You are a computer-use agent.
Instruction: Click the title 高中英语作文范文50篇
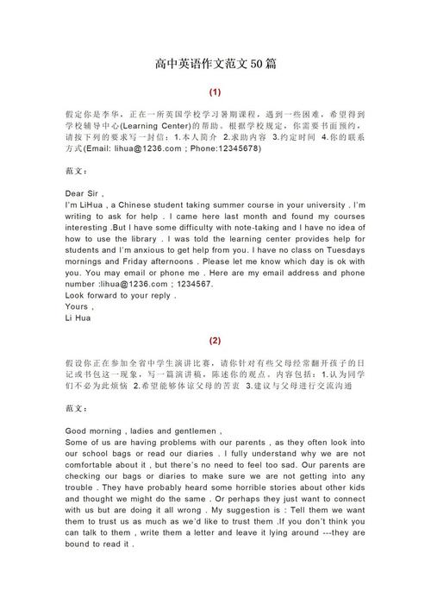(x=215, y=65)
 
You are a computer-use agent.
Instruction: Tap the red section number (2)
(x=215, y=340)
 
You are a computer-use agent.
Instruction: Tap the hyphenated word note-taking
(x=233, y=222)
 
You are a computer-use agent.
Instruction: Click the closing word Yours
(x=78, y=306)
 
